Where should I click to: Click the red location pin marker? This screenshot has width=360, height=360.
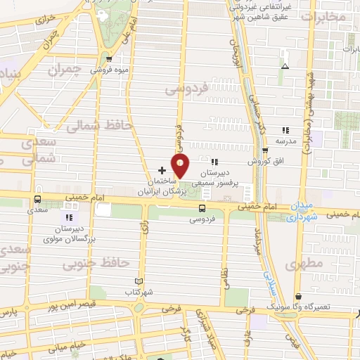click(181, 166)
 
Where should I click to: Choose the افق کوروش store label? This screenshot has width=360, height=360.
click(265, 160)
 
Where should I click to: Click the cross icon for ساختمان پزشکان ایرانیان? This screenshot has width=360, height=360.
click(162, 169)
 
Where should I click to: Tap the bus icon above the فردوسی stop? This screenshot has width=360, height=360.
click(202, 207)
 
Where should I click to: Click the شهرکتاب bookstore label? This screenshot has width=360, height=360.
click(139, 291)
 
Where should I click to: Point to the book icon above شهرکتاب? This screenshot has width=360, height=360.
click(139, 281)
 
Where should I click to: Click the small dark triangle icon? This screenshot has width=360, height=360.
click(285, 66)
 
